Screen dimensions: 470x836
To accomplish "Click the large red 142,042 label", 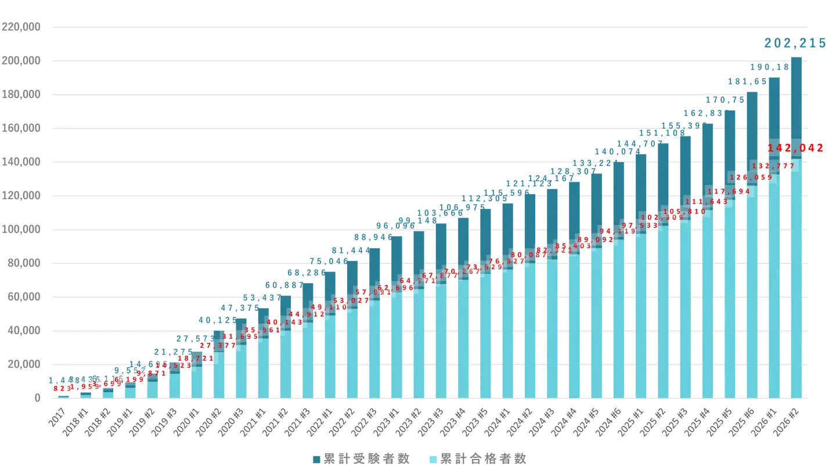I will coord(795,148).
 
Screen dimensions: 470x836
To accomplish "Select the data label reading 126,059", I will coord(751,178).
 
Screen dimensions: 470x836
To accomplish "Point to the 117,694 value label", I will coord(729,191).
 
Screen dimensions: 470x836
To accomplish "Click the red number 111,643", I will coord(707,202).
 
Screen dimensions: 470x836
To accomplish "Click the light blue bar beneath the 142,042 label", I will coord(796,279).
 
